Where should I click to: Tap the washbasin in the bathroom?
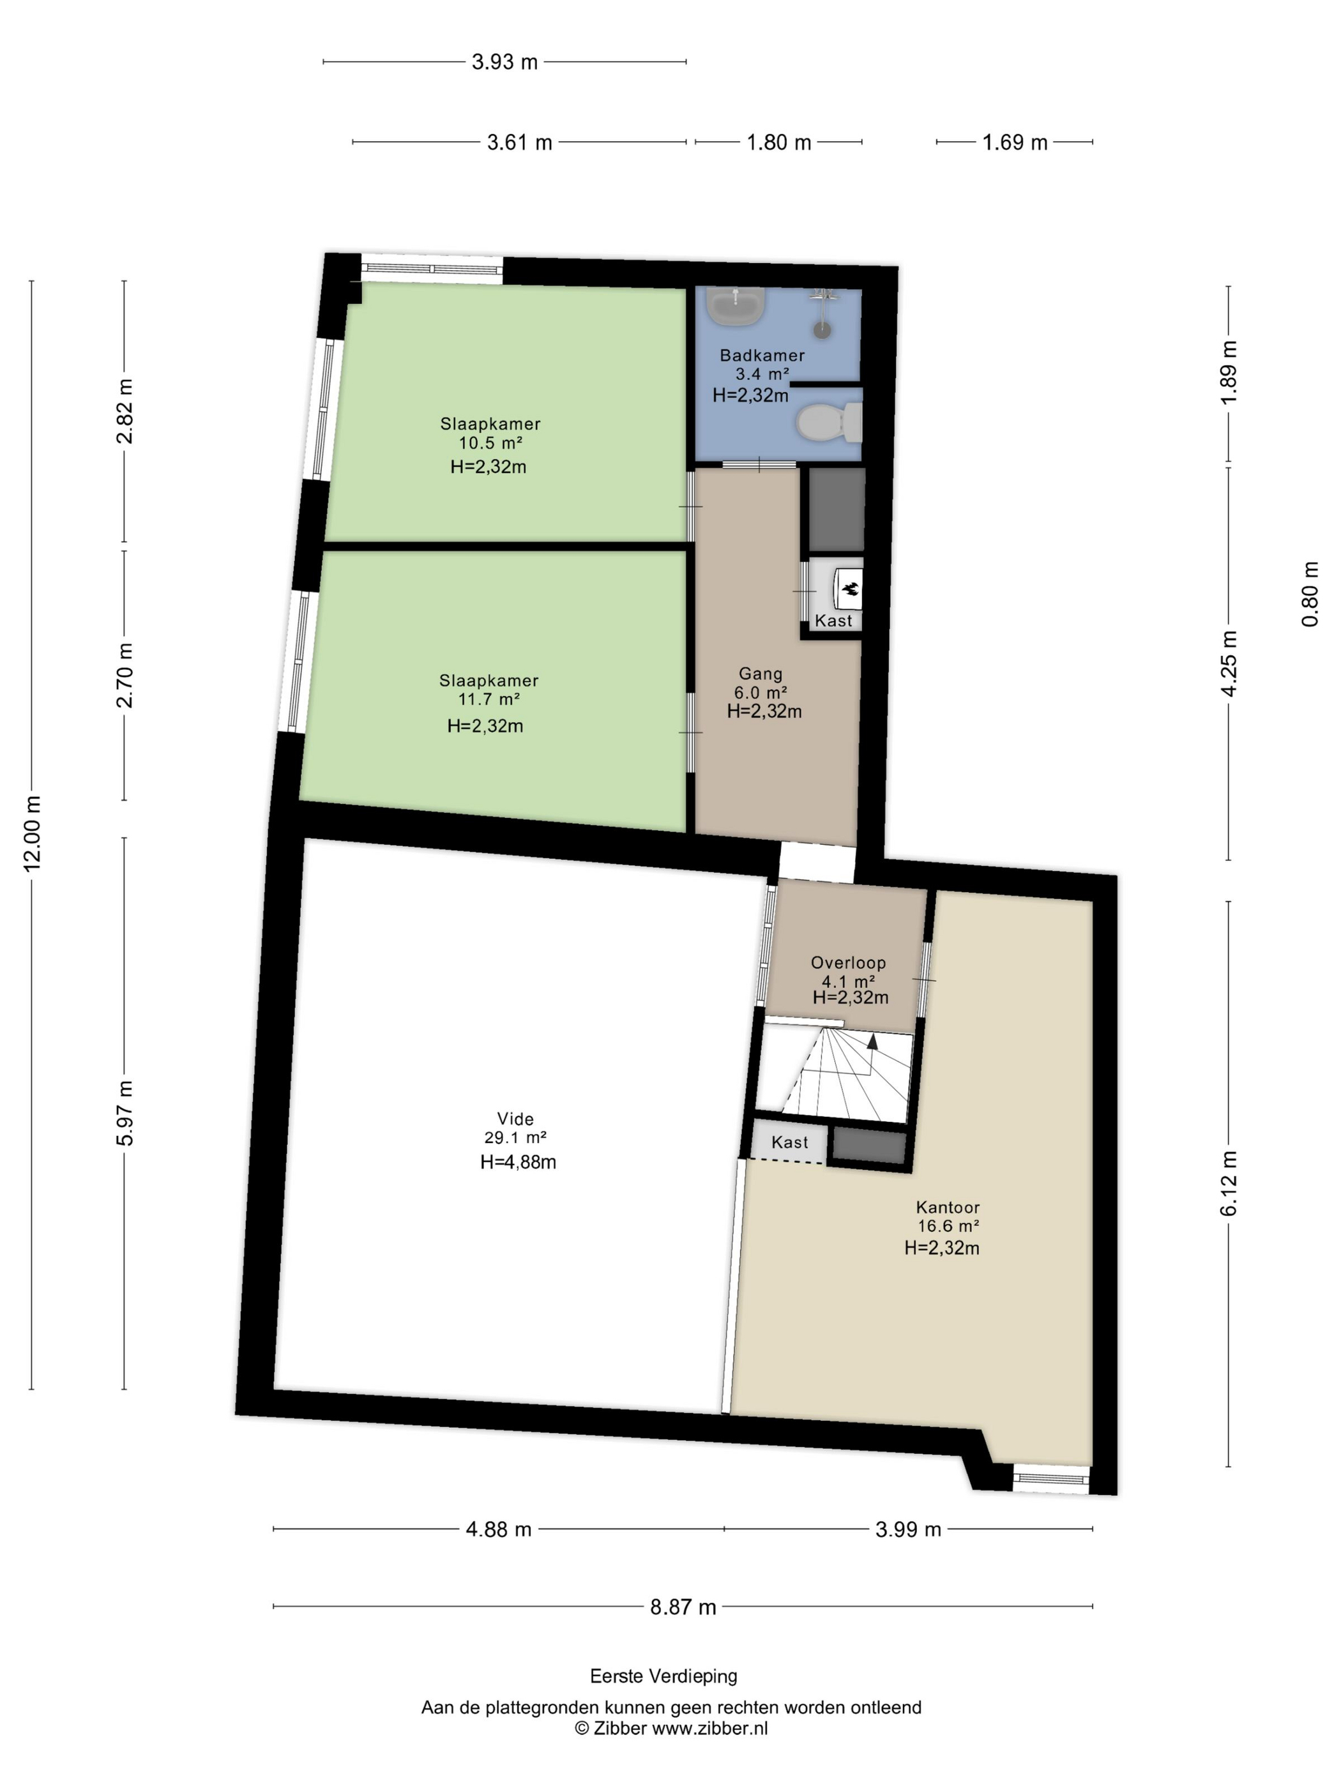(735, 305)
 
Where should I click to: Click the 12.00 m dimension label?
(33, 833)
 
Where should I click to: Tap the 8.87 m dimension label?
(683, 1607)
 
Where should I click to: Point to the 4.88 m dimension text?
(499, 1529)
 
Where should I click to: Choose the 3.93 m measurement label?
(504, 62)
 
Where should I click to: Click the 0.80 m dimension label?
(1310, 594)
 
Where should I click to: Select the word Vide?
(515, 1119)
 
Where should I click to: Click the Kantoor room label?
(948, 1207)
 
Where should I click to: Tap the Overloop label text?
(848, 963)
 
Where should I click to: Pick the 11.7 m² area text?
(489, 699)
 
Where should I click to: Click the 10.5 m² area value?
(490, 442)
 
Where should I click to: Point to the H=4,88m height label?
(518, 1162)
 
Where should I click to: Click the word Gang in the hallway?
(761, 673)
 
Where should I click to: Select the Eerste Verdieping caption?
(663, 1676)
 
